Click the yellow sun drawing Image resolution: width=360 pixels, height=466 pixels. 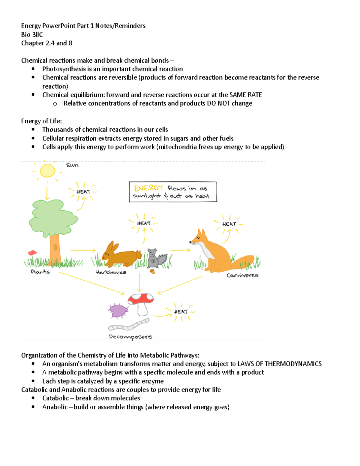47,171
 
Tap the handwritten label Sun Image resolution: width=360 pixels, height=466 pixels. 72,165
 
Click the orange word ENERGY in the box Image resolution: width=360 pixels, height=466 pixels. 148,188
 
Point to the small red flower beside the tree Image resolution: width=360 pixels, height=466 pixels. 32,253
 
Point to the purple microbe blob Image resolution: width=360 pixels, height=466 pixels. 118,311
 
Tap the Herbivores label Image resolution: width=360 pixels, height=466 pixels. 111,272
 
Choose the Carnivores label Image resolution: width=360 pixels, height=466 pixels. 242,275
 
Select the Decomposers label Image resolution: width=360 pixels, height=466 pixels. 130,337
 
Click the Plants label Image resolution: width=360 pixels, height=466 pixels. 40,272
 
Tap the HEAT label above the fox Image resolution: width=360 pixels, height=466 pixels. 229,224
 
